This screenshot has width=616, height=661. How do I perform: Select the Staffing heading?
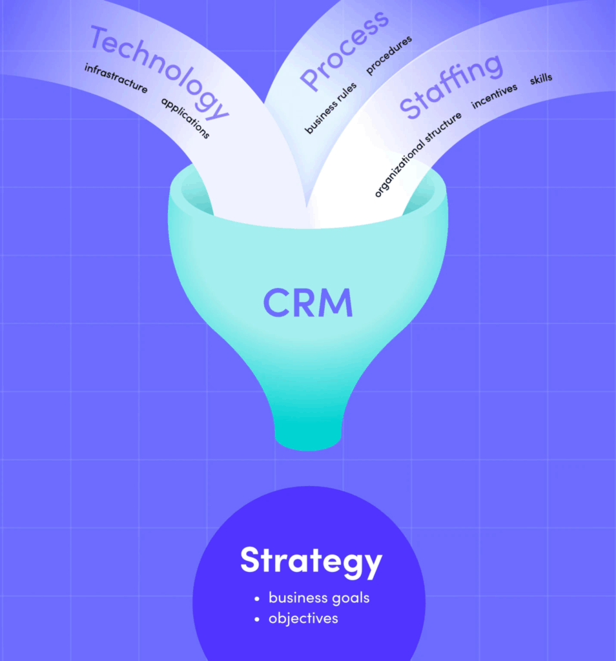450,86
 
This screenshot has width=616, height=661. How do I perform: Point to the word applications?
185,118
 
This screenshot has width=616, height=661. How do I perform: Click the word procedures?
389,56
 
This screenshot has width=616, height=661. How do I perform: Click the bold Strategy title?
311,561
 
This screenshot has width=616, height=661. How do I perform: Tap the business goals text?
319,598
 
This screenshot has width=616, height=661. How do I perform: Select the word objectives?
303,618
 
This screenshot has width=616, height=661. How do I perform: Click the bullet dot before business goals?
258,598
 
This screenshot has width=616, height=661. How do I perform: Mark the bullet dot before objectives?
258,619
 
